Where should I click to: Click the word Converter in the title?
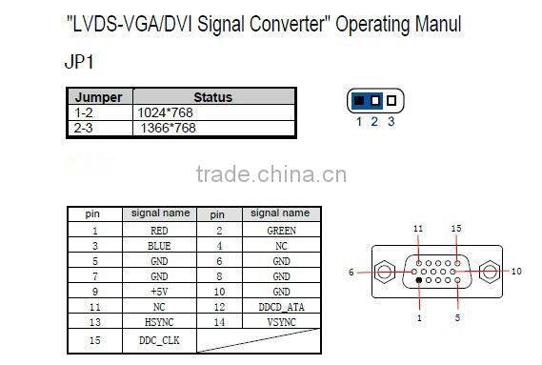click(x=282, y=25)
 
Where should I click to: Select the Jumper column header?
click(x=99, y=97)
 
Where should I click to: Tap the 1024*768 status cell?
click(x=167, y=112)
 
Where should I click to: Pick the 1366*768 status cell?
click(x=169, y=127)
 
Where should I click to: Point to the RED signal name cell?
click(x=159, y=230)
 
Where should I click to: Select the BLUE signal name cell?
click(x=159, y=245)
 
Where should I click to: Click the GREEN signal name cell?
click(x=281, y=230)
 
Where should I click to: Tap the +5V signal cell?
click(x=159, y=291)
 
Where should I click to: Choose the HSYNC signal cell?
click(x=159, y=322)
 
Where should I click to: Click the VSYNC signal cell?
click(x=281, y=322)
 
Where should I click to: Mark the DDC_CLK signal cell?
click(x=159, y=339)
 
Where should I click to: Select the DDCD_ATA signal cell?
click(x=281, y=307)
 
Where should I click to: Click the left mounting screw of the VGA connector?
click(x=383, y=271)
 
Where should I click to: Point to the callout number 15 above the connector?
click(x=456, y=229)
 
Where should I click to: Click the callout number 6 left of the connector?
click(x=351, y=272)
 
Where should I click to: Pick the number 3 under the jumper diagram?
click(x=391, y=121)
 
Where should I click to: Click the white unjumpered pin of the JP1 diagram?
click(x=391, y=100)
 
